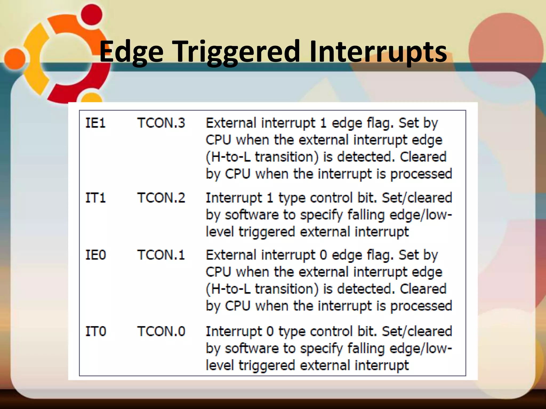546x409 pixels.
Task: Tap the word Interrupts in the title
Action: click(x=378, y=52)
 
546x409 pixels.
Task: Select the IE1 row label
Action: click(x=95, y=123)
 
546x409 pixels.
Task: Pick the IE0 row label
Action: click(x=95, y=255)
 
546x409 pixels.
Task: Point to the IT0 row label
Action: click(x=95, y=332)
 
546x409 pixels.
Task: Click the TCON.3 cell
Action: click(x=161, y=123)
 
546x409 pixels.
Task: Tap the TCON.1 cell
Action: click(x=161, y=255)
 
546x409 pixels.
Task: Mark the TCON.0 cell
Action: click(x=161, y=332)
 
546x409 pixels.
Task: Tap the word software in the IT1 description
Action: click(x=252, y=215)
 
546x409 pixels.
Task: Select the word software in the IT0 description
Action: click(x=252, y=349)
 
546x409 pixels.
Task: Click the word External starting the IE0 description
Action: click(x=231, y=255)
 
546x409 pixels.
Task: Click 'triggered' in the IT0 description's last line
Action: click(x=266, y=365)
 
